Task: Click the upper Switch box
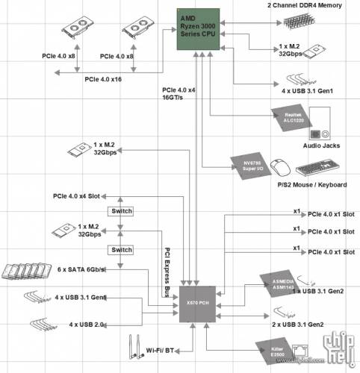point(121,211)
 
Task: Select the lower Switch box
point(121,249)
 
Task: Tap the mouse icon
point(278,166)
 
